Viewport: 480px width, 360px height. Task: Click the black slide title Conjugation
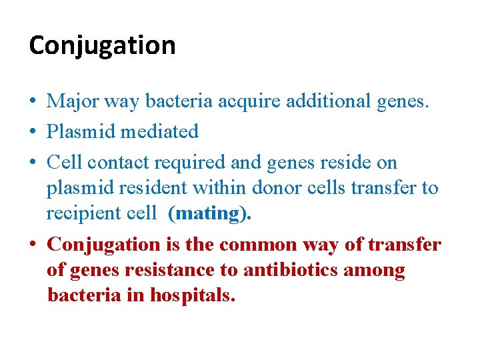[x=102, y=46]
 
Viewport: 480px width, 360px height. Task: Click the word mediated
[x=159, y=132]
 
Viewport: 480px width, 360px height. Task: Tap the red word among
[x=381, y=270]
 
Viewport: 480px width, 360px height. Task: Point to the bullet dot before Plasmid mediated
[x=33, y=132]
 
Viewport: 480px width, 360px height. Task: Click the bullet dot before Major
[x=33, y=102]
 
